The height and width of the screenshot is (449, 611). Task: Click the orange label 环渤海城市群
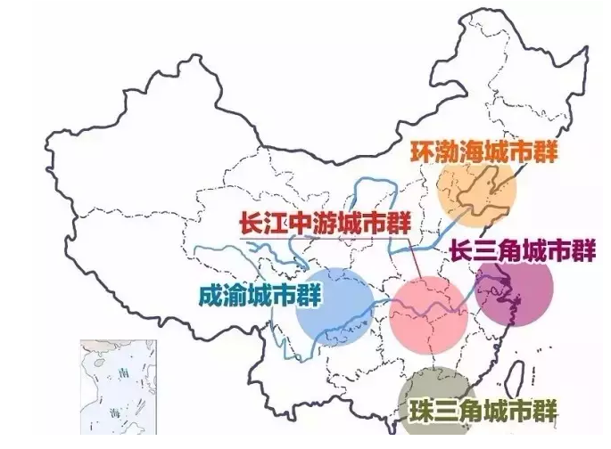(x=483, y=151)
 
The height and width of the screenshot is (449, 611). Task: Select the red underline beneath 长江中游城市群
(x=320, y=238)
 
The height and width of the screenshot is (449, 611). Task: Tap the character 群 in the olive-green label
(x=545, y=412)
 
